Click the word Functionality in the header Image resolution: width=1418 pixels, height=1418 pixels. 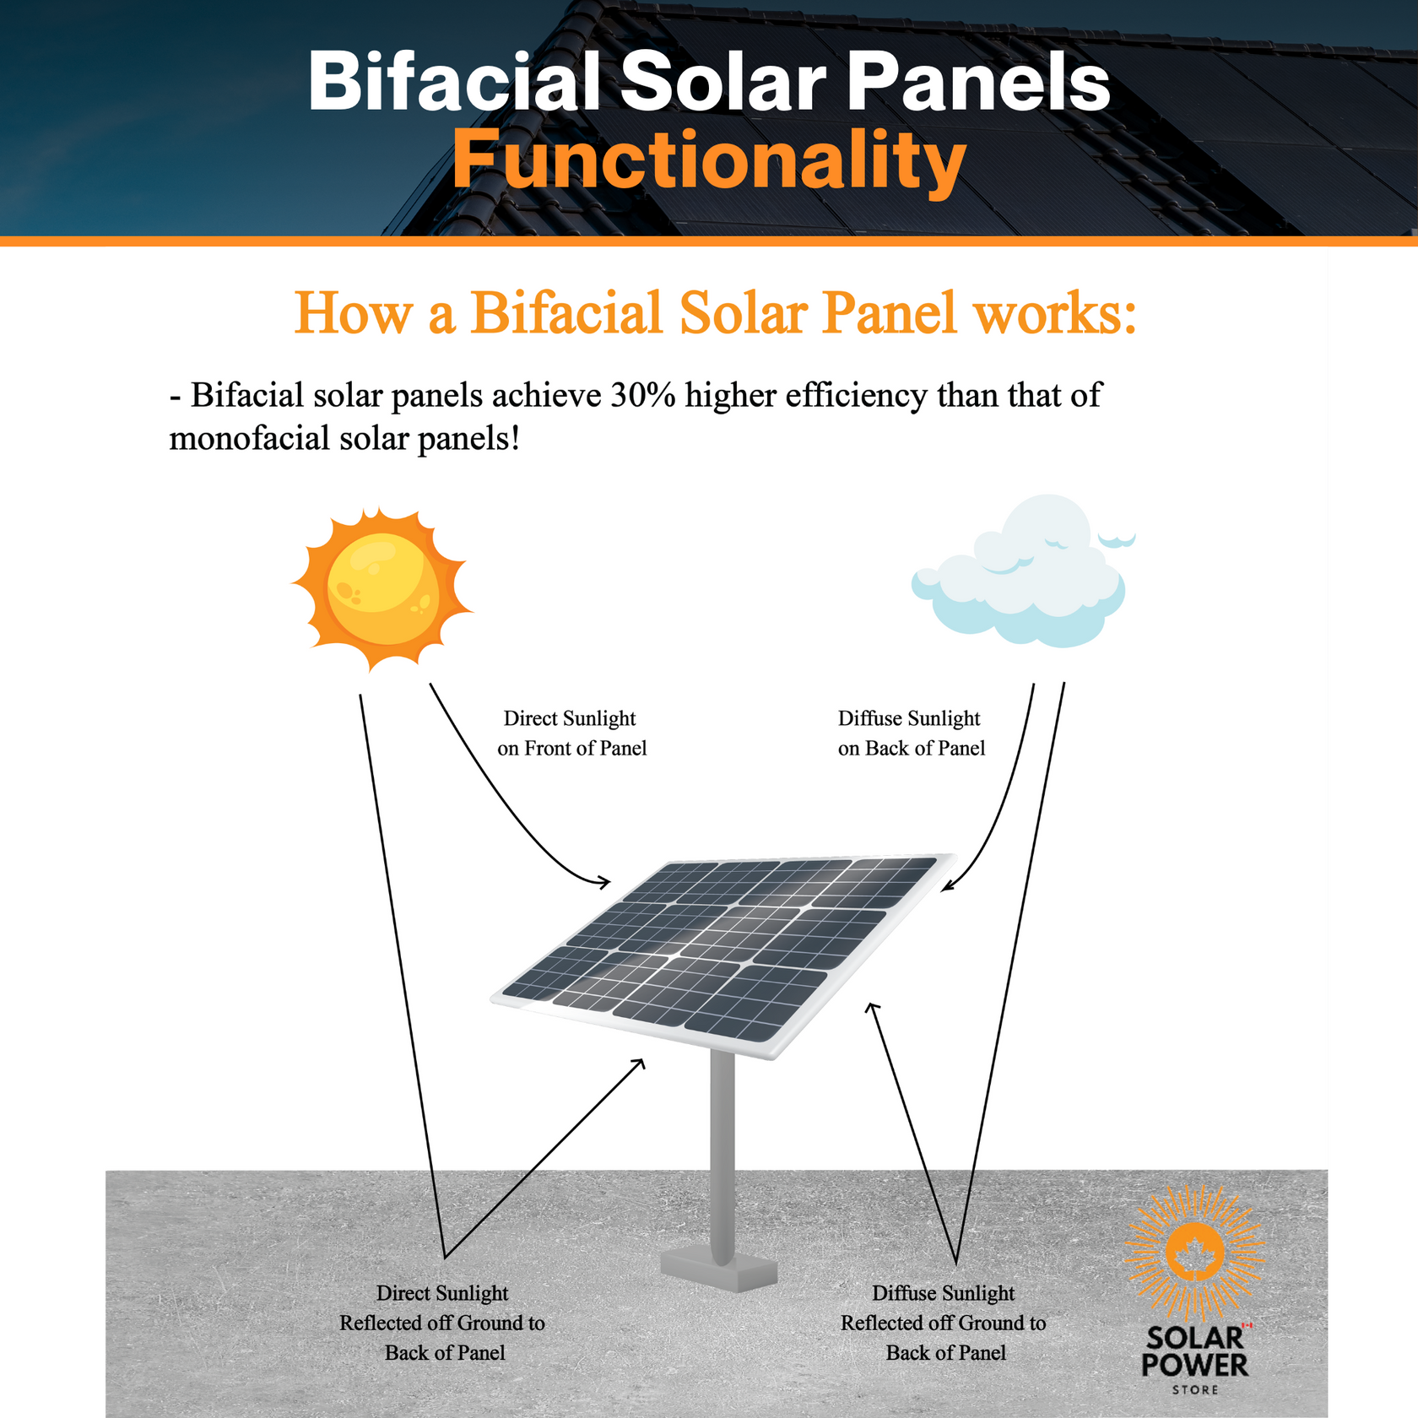pyautogui.click(x=709, y=160)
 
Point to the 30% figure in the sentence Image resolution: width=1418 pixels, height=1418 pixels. pyautogui.click(x=643, y=395)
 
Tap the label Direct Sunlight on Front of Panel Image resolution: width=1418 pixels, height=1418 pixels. pyautogui.click(x=571, y=733)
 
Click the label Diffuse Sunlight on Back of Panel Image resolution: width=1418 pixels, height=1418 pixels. pyautogui.click(x=911, y=733)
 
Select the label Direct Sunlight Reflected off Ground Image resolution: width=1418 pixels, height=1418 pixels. pyautogui.click(x=443, y=1323)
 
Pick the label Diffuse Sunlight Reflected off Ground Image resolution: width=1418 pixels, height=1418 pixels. pyautogui.click(x=944, y=1323)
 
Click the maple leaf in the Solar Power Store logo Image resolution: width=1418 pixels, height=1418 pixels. pyautogui.click(x=1194, y=1253)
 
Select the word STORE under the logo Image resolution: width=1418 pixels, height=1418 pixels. pyautogui.click(x=1195, y=1389)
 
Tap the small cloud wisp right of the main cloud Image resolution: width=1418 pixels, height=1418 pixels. pyautogui.click(x=1117, y=539)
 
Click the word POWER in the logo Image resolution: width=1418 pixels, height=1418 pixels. pyautogui.click(x=1194, y=1365)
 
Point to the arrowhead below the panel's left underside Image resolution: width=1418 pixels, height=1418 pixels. pyautogui.click(x=641, y=1063)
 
